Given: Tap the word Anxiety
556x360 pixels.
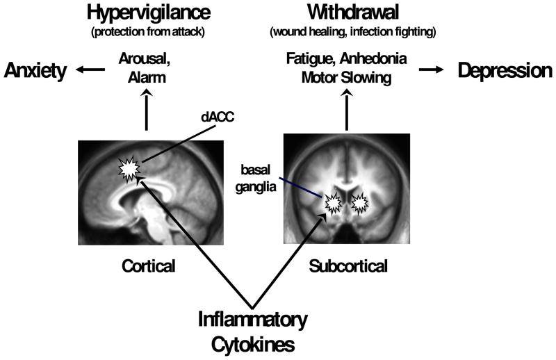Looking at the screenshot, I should [35, 70].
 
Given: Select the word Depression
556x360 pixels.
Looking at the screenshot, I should [504, 70].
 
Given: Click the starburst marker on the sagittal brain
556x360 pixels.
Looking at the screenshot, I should [129, 167].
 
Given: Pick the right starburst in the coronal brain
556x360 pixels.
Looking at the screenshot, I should [360, 202].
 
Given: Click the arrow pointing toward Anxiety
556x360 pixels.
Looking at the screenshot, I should [87, 70].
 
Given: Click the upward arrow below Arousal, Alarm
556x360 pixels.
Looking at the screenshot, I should [147, 110].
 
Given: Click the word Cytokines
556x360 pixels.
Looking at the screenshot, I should [252, 343].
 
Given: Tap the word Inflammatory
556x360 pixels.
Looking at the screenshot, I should [252, 321].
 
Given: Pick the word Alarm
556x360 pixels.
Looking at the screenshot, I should [147, 78].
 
